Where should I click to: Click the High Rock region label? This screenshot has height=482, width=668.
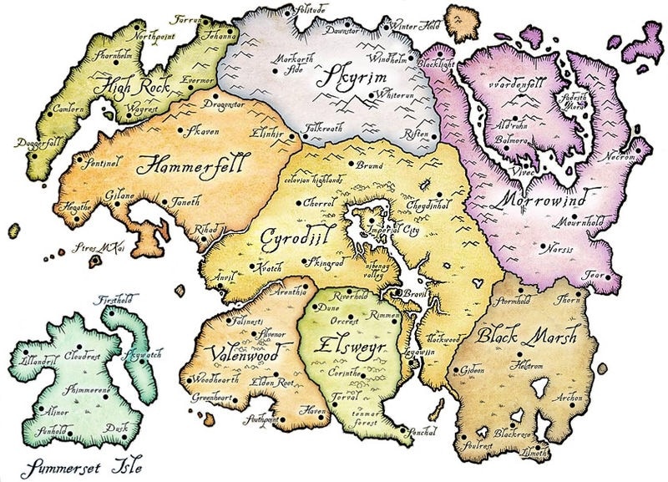tap(133, 84)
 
